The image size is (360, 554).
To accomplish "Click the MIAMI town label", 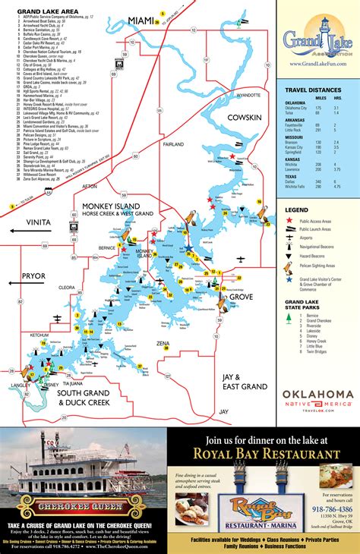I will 141,19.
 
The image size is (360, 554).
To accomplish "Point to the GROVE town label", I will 241,296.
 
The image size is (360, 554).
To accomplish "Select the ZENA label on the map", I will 163,344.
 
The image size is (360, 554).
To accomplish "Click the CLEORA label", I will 67,288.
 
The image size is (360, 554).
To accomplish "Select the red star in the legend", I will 289,219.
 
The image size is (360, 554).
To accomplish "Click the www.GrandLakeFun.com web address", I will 317,65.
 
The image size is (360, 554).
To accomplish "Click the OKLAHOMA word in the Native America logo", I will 317,394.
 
